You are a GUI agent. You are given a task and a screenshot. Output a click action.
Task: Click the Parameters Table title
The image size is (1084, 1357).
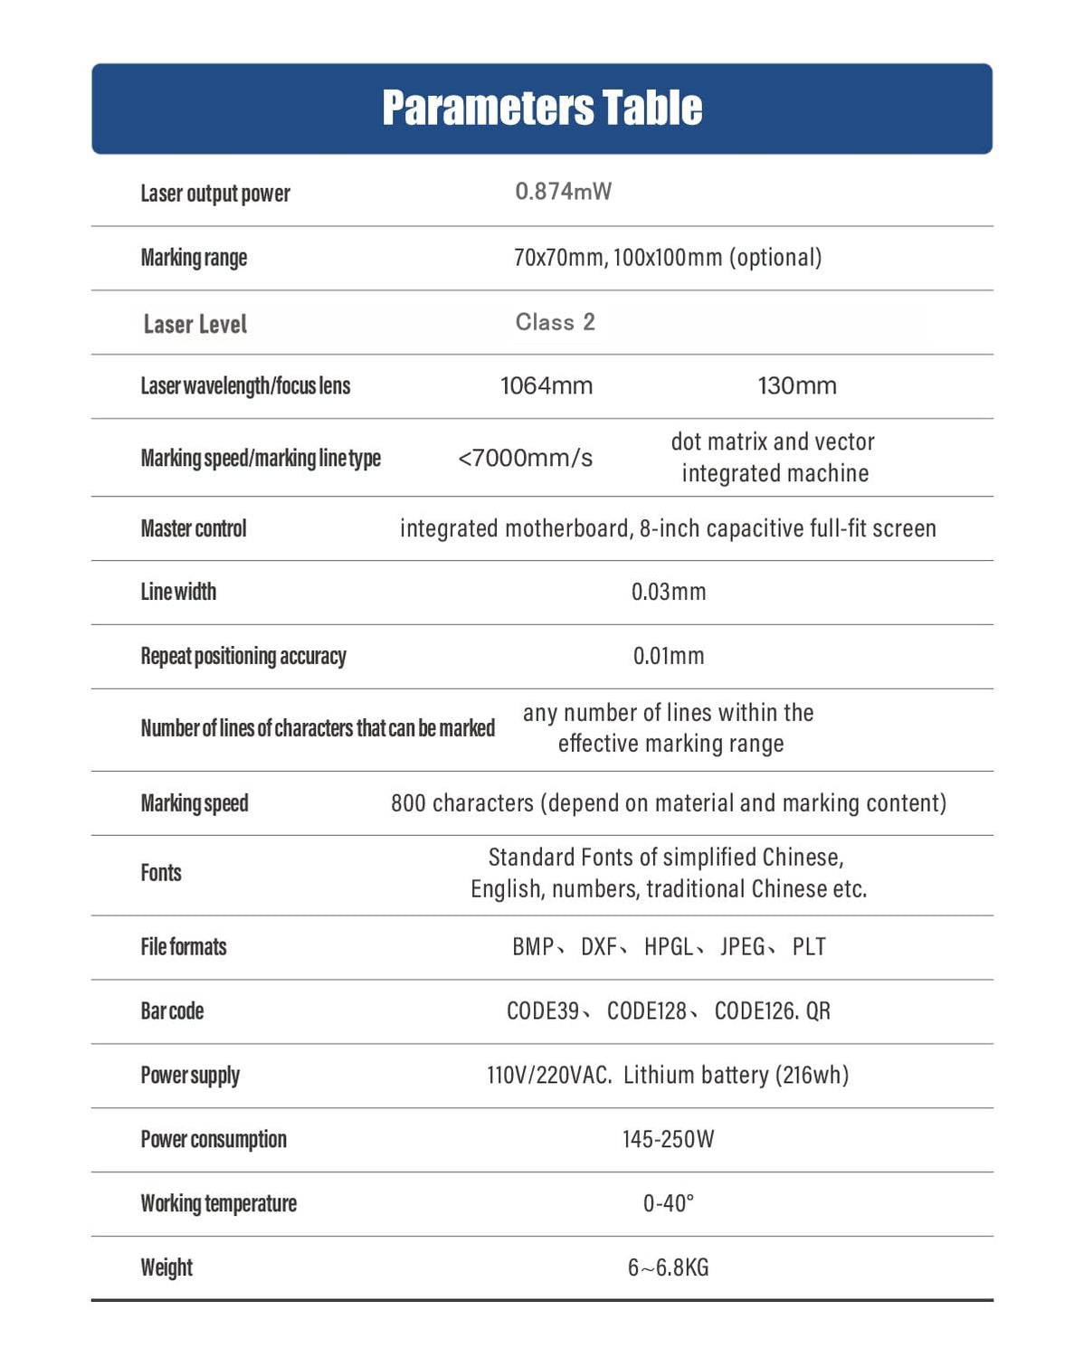[x=542, y=108]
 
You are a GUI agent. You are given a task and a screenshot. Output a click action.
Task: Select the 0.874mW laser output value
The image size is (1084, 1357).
[x=563, y=192]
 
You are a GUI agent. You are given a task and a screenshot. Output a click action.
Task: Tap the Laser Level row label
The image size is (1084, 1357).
[x=195, y=324]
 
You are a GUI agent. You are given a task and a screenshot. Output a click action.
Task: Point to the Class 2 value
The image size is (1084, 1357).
[x=555, y=322]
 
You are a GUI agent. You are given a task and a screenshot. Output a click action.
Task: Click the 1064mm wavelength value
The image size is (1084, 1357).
[x=547, y=386]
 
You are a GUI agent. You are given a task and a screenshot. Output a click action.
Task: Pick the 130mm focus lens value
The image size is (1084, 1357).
[x=796, y=386]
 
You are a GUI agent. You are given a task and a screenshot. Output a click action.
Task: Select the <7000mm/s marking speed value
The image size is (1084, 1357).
[x=525, y=458]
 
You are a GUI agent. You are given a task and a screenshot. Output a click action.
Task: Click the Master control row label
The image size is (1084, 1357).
[x=193, y=528]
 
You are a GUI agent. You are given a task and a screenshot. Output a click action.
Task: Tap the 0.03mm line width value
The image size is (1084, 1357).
[x=668, y=593]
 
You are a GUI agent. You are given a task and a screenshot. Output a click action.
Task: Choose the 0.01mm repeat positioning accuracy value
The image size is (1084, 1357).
[x=668, y=656]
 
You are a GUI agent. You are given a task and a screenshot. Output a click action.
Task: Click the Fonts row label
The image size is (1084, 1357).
[x=161, y=873]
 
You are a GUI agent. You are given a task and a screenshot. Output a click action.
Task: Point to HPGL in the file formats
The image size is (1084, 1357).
[x=669, y=947]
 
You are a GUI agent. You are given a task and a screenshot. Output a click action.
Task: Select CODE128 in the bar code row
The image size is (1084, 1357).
[x=646, y=1011]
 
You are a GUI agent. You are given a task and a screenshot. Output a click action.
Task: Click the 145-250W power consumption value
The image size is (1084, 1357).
[x=668, y=1139]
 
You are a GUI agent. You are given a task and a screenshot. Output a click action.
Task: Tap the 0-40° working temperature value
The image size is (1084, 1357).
[x=668, y=1203]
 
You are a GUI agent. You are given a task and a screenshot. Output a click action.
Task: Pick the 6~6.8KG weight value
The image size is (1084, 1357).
[x=668, y=1267]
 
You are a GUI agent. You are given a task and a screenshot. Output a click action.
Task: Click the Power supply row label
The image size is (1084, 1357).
[x=190, y=1076]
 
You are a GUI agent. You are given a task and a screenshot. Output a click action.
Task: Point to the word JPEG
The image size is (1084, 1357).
[x=743, y=947]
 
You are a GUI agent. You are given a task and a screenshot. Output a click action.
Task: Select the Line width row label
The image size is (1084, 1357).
[x=178, y=593]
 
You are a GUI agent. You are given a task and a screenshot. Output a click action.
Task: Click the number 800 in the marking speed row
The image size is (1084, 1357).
[x=408, y=803]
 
